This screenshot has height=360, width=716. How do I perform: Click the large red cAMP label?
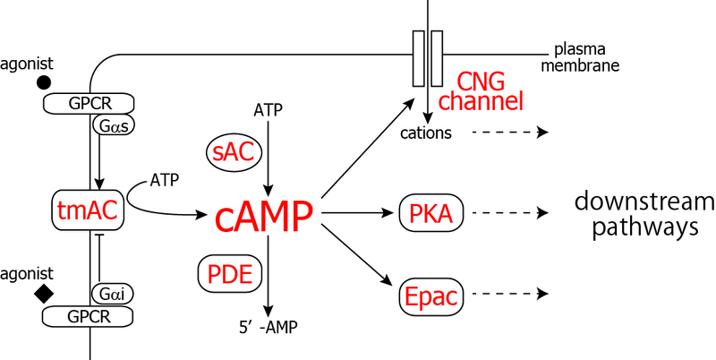point(264,216)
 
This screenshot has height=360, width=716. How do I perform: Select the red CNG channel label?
point(487,90)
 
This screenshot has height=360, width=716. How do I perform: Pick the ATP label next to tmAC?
point(165,180)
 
